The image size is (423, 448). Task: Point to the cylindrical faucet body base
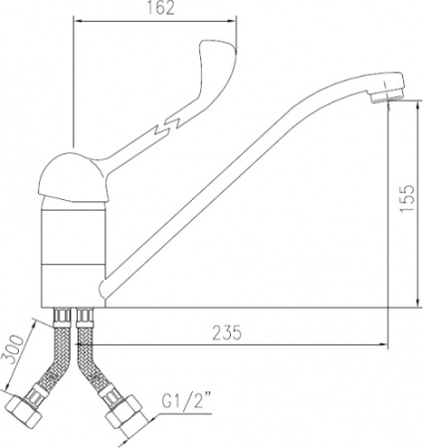tap(73, 249)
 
